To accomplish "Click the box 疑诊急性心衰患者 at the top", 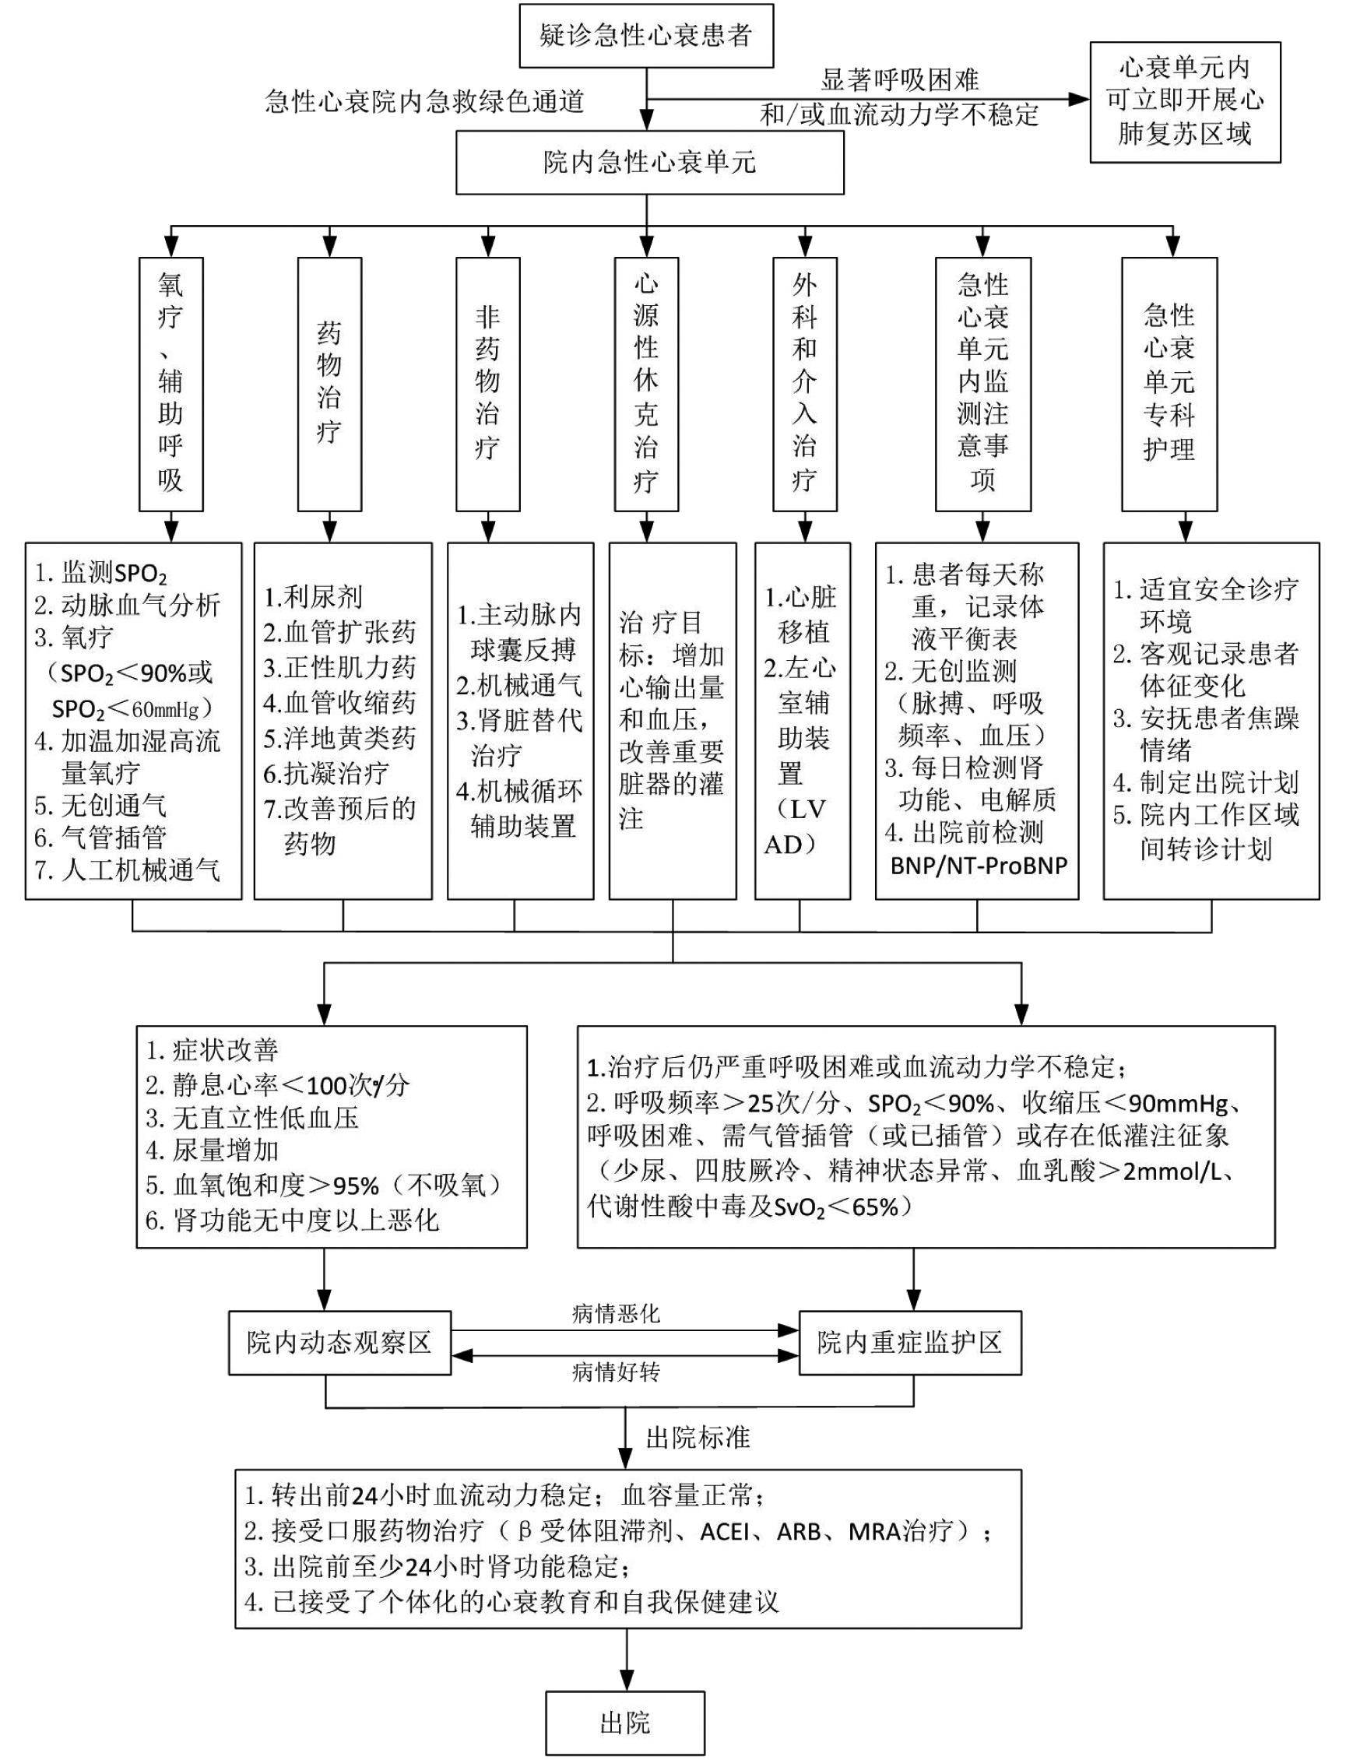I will click(646, 36).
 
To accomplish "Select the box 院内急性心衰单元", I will click(649, 163).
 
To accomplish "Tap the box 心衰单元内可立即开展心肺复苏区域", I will click(1184, 102).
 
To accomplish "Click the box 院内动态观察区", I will click(339, 1343).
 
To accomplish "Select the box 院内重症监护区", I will click(909, 1343).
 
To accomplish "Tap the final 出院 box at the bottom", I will click(625, 1723).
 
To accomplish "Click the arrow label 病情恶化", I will click(615, 1313).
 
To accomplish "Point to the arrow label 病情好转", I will click(615, 1372).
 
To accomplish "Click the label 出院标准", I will click(698, 1437).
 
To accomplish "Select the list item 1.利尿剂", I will click(313, 597).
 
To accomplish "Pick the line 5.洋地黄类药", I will click(339, 738).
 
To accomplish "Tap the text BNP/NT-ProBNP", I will click(979, 865).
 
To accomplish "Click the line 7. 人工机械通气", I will click(128, 869).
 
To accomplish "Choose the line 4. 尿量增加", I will click(213, 1150).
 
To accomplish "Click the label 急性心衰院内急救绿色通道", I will click(424, 102).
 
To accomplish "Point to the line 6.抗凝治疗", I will click(327, 773).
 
